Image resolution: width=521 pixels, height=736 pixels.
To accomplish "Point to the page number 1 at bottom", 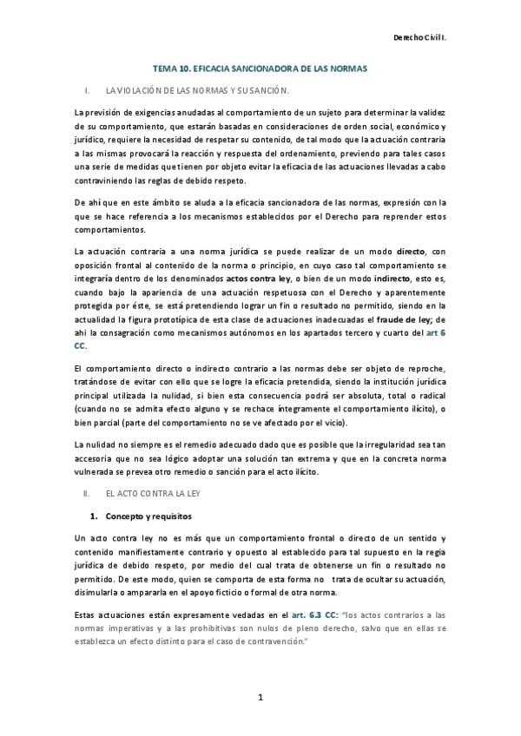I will (260, 698).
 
